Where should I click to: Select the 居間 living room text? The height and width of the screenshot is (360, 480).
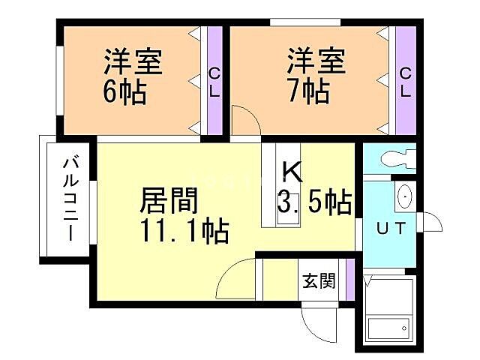170,201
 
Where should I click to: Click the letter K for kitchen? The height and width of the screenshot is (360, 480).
291,174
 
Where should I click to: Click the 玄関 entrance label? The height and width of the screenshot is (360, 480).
319,282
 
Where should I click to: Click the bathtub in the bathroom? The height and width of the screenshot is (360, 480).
389,328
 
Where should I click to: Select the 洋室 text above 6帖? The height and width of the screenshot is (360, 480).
133,61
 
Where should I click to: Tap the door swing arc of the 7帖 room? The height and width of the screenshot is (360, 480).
244,120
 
